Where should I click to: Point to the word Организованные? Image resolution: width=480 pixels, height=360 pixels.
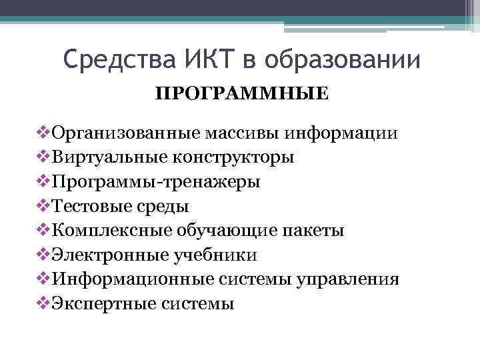[120, 133]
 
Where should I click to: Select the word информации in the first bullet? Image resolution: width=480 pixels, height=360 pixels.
[343, 133]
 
